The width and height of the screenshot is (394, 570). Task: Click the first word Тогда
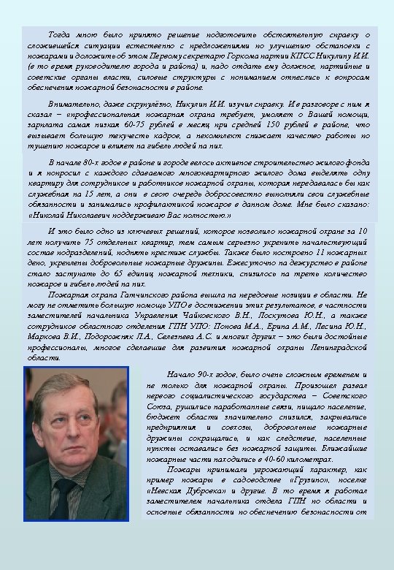click(61, 34)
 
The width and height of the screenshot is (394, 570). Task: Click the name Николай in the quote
click(50, 216)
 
